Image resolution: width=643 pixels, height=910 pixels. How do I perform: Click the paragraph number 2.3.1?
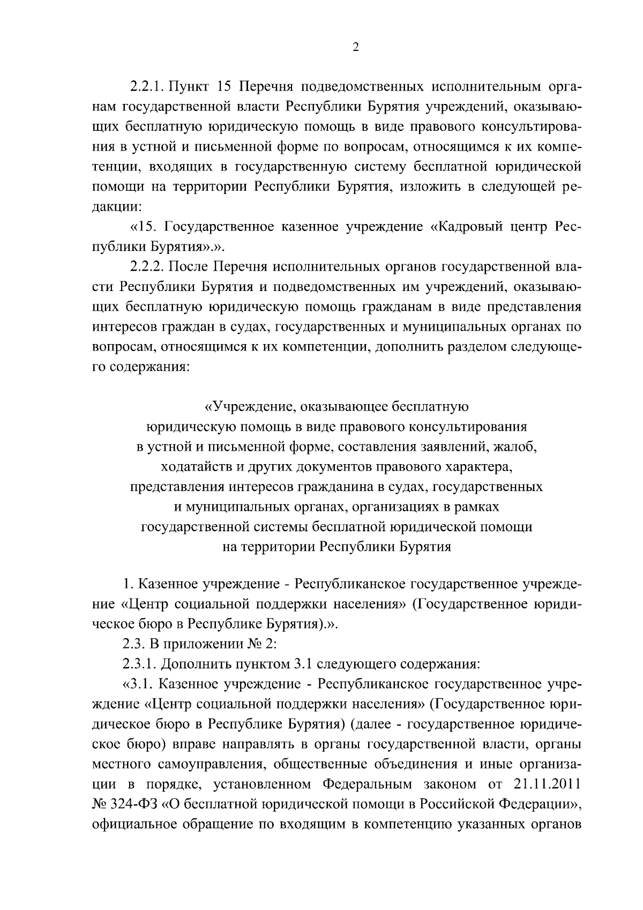coord(139,665)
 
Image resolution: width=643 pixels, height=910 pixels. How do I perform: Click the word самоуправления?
coord(197,765)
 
